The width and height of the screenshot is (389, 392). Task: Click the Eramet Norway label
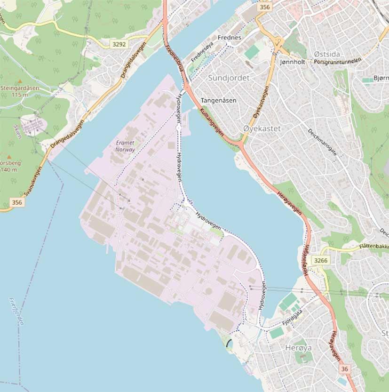(125, 146)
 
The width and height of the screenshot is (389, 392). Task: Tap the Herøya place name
(298, 348)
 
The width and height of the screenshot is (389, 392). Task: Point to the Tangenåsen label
(218, 101)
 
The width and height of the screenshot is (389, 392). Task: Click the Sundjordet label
(229, 78)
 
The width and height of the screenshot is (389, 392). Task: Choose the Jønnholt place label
(293, 62)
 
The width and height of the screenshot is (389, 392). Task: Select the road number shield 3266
(320, 260)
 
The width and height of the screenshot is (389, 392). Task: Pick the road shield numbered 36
(345, 369)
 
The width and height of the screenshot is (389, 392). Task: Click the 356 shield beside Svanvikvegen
(17, 202)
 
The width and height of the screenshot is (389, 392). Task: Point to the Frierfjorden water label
(16, 311)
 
